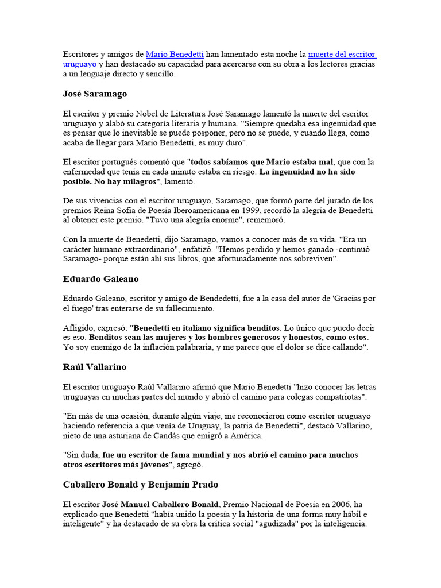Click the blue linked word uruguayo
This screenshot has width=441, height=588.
(80, 64)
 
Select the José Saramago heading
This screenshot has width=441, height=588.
(95, 94)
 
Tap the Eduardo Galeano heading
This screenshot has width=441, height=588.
(100, 279)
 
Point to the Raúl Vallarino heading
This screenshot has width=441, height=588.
(95, 367)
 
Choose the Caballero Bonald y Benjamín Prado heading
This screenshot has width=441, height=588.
(141, 484)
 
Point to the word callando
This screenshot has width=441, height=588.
(346, 347)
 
